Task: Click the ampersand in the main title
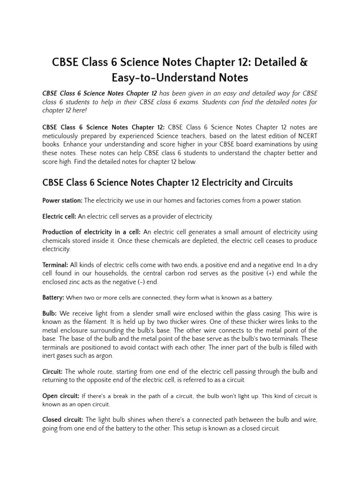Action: point(303,62)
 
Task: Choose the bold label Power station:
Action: point(62,201)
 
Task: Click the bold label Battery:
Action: point(53,298)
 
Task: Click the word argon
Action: point(104,355)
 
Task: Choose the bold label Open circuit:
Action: point(61,396)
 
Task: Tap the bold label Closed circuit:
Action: point(63,420)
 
